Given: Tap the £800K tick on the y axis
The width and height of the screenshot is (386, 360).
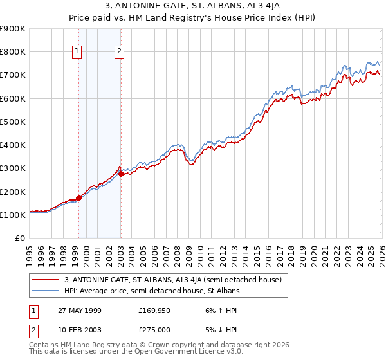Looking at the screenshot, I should [13, 52].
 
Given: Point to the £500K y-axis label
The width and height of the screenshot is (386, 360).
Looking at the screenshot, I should [13, 122].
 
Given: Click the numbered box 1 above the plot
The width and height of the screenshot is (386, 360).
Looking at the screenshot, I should [77, 52].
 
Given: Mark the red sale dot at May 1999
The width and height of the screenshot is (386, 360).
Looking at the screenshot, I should [78, 198].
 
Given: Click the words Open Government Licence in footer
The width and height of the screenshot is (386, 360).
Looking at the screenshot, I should [169, 352].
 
